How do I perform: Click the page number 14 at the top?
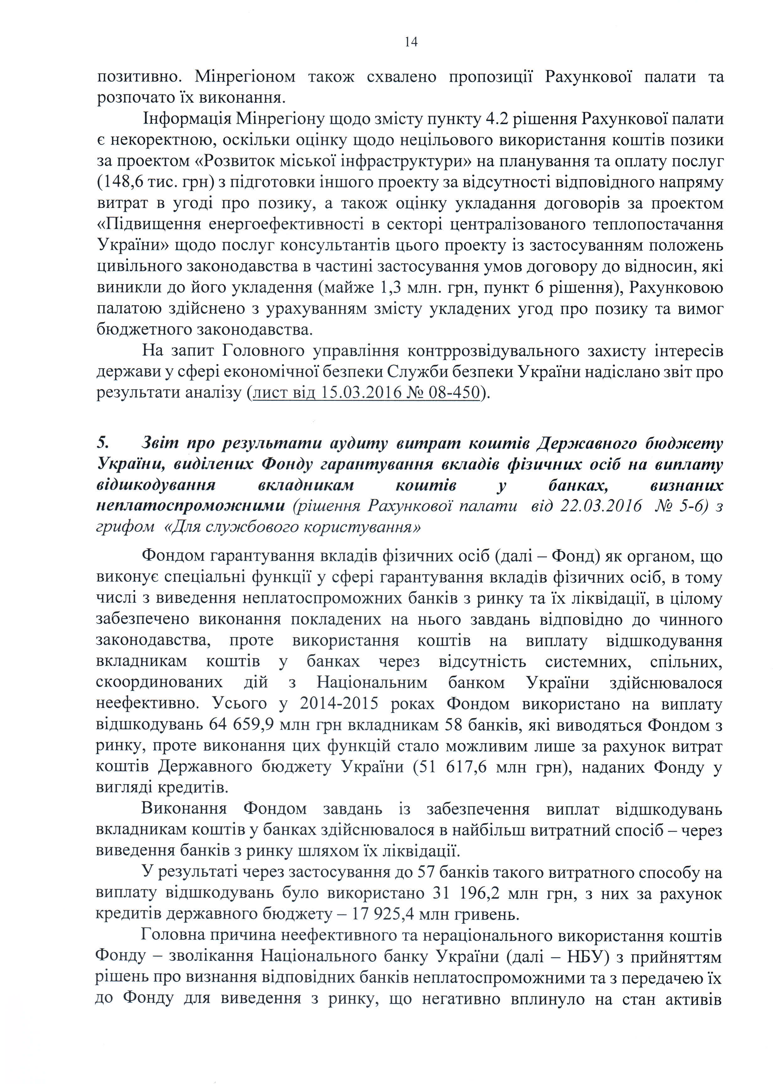pyautogui.click(x=411, y=42)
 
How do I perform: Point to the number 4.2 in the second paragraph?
pyautogui.click(x=496, y=119)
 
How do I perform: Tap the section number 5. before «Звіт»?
pyautogui.click(x=103, y=443)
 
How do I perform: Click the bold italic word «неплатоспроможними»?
pyautogui.click(x=190, y=505)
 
